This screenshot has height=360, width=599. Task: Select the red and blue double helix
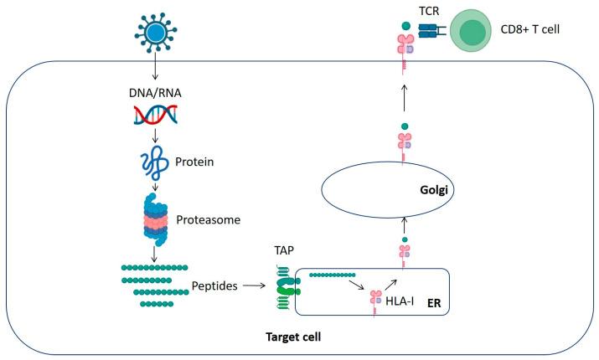(156, 119)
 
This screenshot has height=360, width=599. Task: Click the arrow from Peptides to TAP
(245, 285)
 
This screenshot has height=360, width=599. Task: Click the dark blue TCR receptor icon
(427, 33)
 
